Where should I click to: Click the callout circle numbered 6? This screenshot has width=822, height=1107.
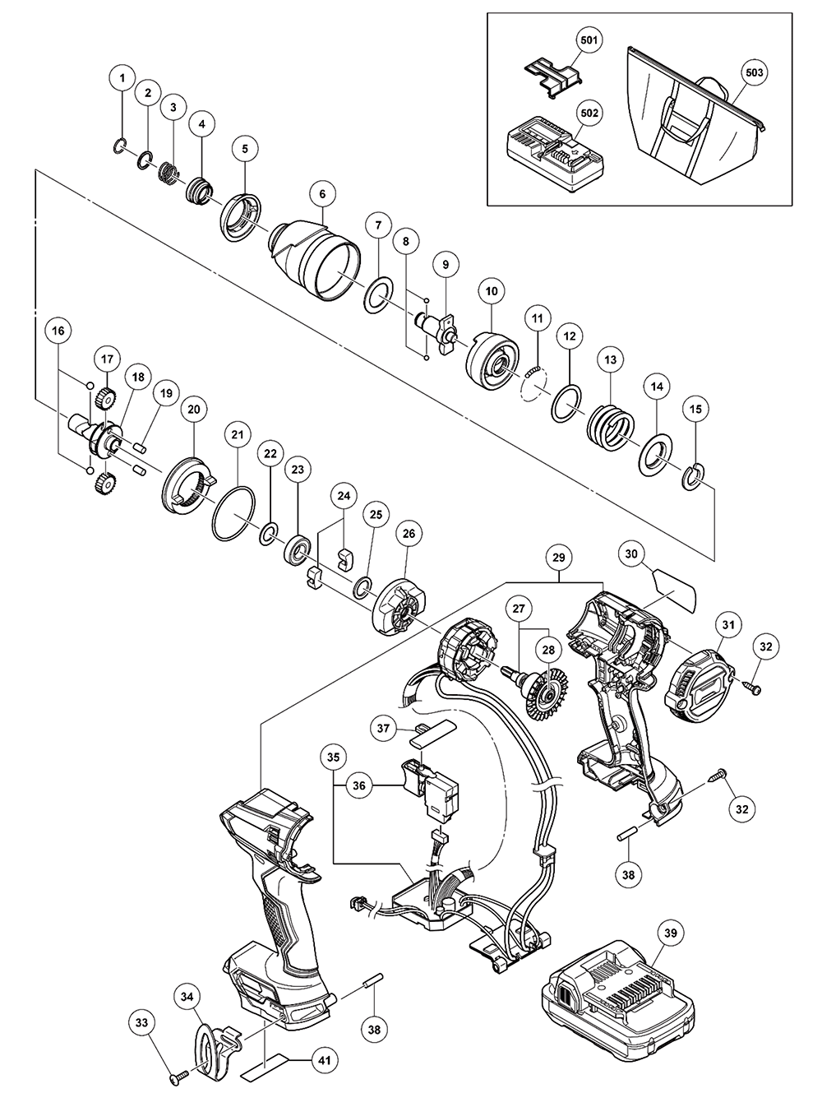point(322,193)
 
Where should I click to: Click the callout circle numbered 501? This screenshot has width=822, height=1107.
point(589,39)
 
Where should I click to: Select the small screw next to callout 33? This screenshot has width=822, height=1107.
point(178,1077)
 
